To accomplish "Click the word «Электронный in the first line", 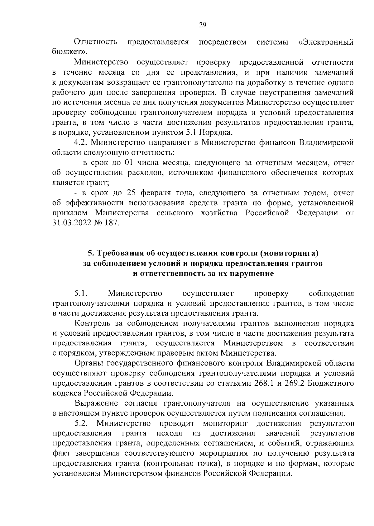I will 326,42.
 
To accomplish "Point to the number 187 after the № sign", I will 113,223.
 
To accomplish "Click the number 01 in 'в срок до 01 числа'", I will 128,163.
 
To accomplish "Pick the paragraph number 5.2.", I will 82,423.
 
